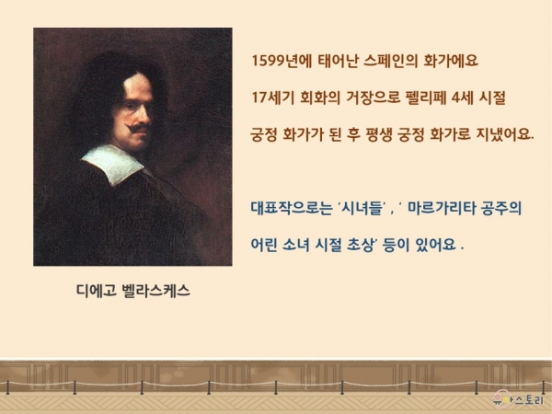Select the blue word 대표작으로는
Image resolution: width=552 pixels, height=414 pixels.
(x=292, y=208)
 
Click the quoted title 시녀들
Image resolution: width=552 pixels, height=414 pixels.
(x=363, y=208)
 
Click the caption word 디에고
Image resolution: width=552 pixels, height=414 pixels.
(x=97, y=291)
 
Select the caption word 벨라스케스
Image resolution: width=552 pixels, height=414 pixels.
(x=155, y=291)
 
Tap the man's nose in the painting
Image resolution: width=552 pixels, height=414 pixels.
(x=145, y=112)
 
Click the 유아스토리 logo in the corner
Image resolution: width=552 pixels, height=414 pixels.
(x=519, y=399)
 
